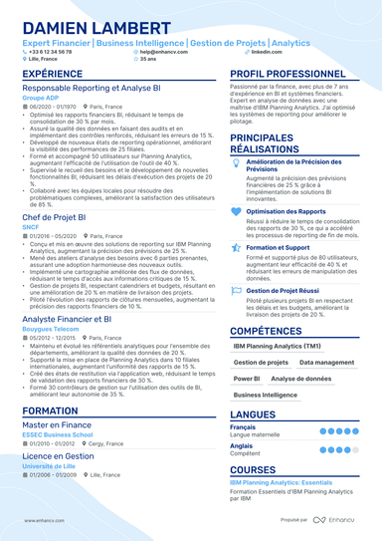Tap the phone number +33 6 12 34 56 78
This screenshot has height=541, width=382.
53,51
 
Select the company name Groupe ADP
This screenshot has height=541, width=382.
41,100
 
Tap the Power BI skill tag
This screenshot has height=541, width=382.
246,380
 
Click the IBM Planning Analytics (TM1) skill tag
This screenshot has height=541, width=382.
278,346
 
